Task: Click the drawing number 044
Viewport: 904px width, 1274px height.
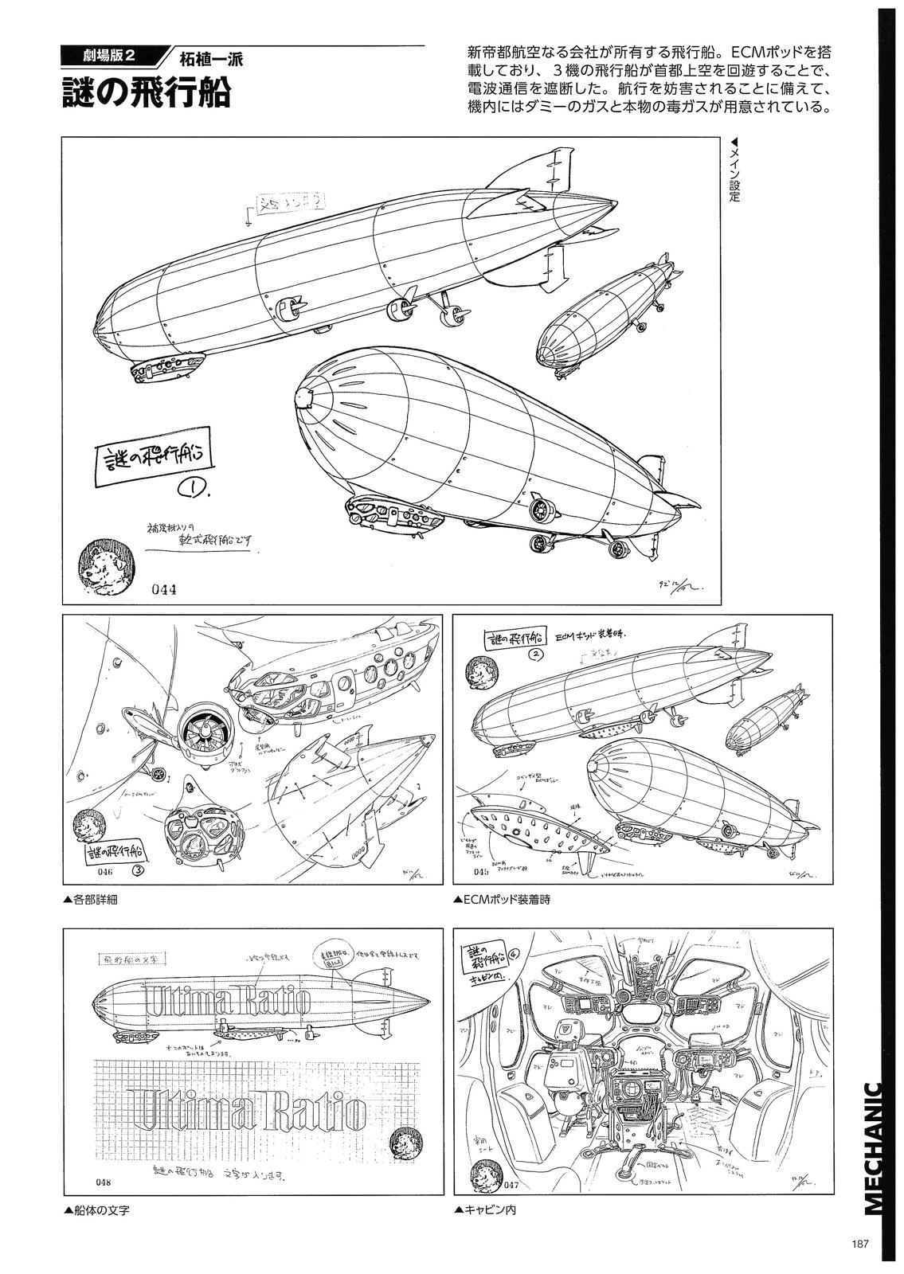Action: point(162,590)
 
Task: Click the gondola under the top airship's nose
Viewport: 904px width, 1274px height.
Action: point(167,369)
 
